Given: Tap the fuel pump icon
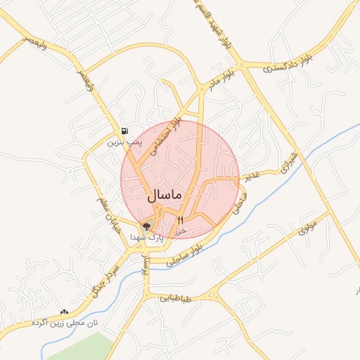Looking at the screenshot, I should pyautogui.click(x=124, y=131).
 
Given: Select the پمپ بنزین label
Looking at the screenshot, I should pyautogui.click(x=124, y=141).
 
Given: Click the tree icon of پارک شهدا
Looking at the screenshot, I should pyautogui.click(x=146, y=226).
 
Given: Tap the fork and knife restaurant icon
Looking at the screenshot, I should pyautogui.click(x=180, y=221).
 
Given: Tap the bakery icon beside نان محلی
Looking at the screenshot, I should pyautogui.click(x=65, y=311).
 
